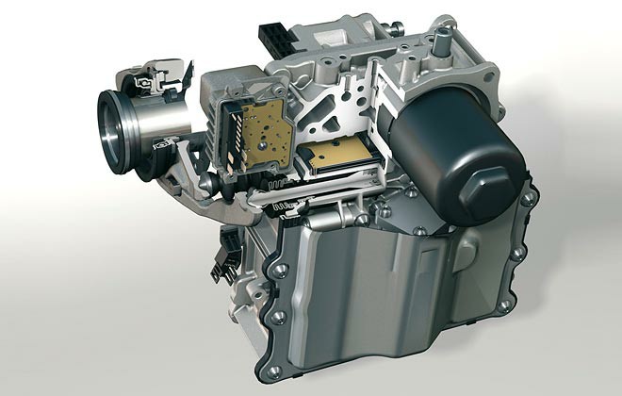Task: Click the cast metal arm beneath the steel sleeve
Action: (x=188, y=179)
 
